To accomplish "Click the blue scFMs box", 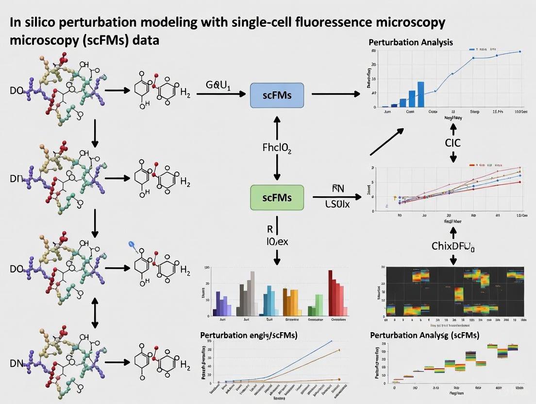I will tap(277, 95).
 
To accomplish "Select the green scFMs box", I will tap(277, 198).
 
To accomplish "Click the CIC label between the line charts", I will tap(452, 143).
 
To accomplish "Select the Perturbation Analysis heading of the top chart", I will tap(411, 42).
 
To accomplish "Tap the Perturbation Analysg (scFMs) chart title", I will tap(424, 335).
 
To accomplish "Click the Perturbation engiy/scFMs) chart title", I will tap(249, 335).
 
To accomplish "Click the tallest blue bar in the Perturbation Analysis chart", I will tap(420, 94).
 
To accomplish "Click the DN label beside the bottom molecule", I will tap(17, 363).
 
